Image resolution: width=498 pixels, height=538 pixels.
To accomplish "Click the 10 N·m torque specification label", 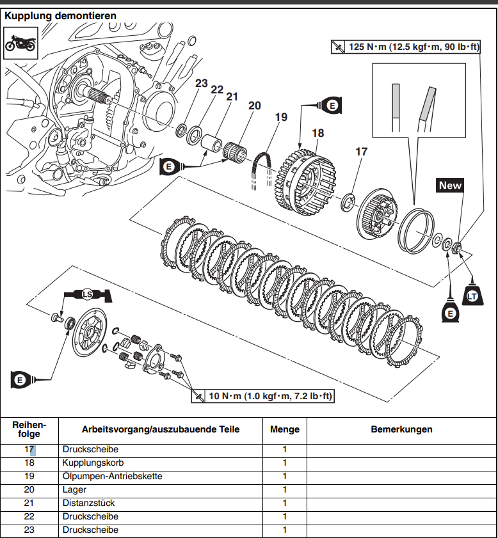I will [x=262, y=397].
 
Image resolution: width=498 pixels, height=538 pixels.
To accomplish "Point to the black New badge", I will [x=450, y=186].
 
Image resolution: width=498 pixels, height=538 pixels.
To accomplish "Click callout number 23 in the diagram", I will [x=202, y=83].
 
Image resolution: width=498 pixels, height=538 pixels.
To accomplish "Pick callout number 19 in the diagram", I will [x=281, y=117].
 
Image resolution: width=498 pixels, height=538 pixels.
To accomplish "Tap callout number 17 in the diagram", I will [x=362, y=152].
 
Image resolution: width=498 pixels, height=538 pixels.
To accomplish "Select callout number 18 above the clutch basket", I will [x=317, y=133].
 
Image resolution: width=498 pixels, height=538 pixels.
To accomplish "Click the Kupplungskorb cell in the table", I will [x=93, y=463].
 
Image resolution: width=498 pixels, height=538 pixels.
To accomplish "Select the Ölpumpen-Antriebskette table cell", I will [x=112, y=476].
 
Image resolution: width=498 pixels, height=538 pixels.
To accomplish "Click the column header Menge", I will [x=285, y=429].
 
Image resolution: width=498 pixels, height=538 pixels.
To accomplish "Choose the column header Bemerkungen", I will [x=401, y=429].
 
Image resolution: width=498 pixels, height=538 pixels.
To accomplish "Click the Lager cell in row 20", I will [x=74, y=489].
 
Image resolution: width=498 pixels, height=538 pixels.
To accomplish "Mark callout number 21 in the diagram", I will [x=232, y=97].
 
